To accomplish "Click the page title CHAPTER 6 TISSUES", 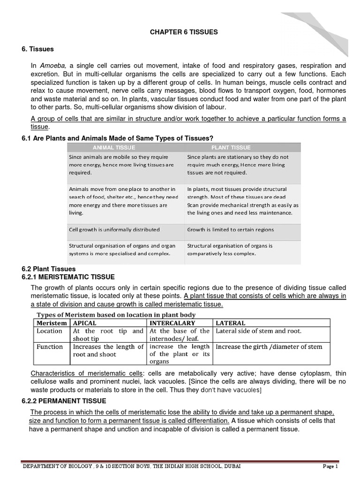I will pos(184,32).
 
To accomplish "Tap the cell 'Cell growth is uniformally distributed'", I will pos(114,230).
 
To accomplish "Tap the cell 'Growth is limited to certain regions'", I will pos(231,230).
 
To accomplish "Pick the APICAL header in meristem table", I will pos(85,323).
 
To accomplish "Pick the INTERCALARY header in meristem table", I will pos(172,323).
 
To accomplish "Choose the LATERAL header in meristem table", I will pos(230,323).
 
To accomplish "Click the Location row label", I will pos(49,331).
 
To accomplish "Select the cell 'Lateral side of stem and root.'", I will pos(258,331).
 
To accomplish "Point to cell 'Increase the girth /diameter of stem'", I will pos(269,347).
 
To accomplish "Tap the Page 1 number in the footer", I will pos(330,466).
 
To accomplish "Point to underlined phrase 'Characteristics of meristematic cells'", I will pos(87,373).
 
